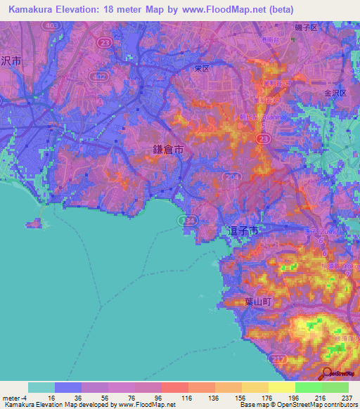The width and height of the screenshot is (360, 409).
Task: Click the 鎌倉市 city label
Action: coord(169,150)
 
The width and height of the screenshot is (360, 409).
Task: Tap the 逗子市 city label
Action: coord(244,230)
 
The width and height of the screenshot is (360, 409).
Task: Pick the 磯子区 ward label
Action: coord(307,27)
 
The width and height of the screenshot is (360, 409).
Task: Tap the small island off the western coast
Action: coord(35,224)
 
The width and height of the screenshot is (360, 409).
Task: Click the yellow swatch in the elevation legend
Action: coord(282,387)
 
